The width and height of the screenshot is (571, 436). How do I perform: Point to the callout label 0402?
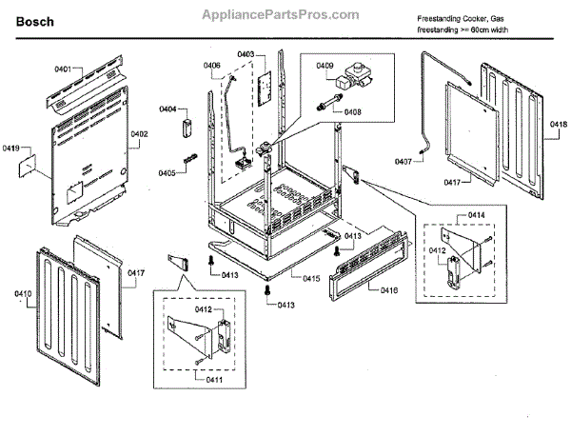click(x=140, y=134)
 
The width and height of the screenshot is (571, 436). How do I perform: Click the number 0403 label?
click(x=246, y=55)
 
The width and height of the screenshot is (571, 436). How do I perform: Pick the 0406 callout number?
click(x=211, y=65)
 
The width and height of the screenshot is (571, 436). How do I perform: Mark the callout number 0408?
click(x=352, y=111)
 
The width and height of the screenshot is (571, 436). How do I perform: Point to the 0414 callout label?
click(x=476, y=215)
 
